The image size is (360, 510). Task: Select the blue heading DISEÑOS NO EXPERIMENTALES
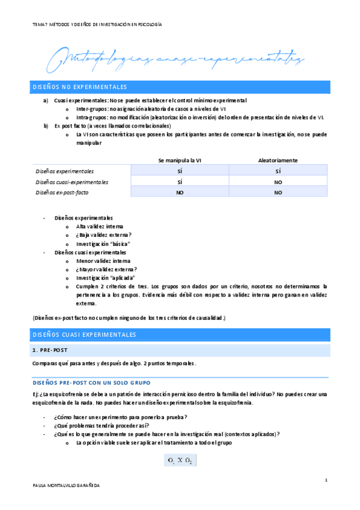pos(79,87)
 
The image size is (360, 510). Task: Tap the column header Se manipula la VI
pos(180,161)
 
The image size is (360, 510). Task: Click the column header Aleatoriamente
pos(278,161)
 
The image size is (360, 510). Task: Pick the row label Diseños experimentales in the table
pos(64,171)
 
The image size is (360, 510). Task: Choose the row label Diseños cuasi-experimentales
pos(72,182)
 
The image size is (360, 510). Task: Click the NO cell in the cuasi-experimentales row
pos(278,182)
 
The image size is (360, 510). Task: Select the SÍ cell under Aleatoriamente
pos(278,171)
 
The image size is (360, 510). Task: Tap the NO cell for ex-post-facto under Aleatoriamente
pos(278,192)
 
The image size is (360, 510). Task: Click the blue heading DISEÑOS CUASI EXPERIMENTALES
pos(84,334)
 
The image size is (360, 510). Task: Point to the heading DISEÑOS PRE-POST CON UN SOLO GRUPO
pos(91,382)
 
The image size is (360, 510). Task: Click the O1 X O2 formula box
pos(180,461)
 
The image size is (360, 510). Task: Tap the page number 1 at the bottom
pos(325,479)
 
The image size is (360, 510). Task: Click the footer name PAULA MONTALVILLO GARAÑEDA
pos(66,484)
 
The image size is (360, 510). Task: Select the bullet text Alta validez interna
pos(99,226)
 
